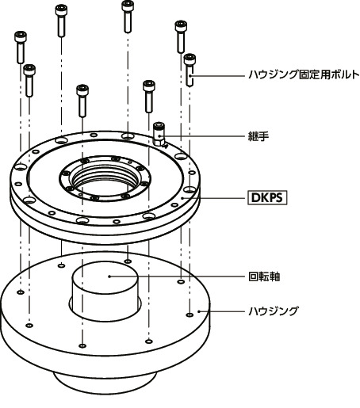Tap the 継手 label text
pyautogui.click(x=259, y=136)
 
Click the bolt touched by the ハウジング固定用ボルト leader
pyautogui.click(x=190, y=70)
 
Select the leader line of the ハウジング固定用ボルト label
pyautogui.click(x=222, y=76)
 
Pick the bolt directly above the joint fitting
pyautogui.click(x=148, y=95)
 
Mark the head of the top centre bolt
pyautogui.click(x=127, y=7)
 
